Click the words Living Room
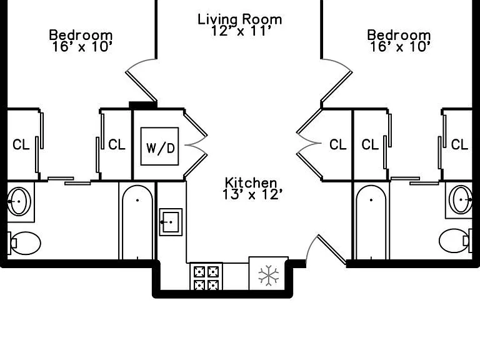point(240,19)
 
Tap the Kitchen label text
point(251,182)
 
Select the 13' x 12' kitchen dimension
point(251,194)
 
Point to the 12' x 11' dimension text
point(241,31)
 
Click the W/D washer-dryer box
point(159,146)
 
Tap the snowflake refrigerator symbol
point(269,275)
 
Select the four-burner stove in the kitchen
point(206,276)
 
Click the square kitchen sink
point(171,222)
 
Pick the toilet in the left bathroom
point(24,243)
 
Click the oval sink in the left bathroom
point(19,201)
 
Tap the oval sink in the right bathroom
point(461,199)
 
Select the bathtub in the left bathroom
point(137,222)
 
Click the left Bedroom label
point(81,35)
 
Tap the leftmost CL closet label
point(21,144)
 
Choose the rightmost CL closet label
point(459,144)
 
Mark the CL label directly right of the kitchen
point(338,144)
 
